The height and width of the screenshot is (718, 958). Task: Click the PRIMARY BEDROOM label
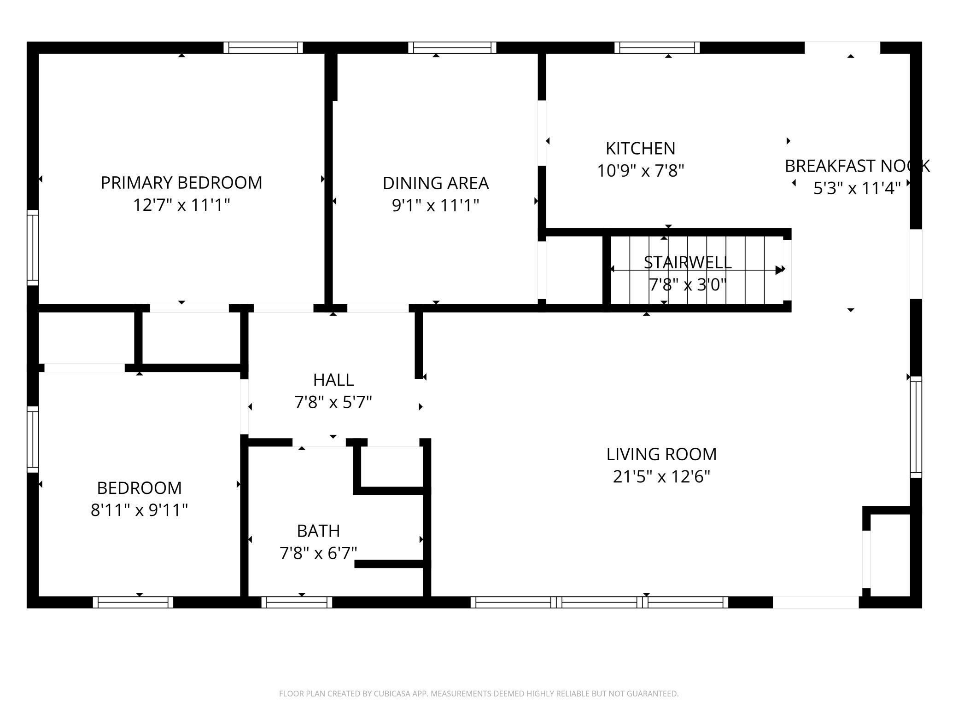pos(181,183)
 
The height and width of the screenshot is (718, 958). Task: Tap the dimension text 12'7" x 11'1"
pos(181,205)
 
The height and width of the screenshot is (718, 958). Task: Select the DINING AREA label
pos(436,183)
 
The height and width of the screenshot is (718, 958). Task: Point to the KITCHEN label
pos(640,149)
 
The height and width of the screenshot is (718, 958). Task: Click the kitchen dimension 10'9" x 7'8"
pos(640,171)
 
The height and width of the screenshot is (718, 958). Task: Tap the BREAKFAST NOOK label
pos(857,166)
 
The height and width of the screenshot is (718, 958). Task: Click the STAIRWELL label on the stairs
pos(687,262)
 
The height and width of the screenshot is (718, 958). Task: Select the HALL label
pos(333,380)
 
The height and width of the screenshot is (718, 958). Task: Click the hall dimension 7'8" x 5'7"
pos(333,402)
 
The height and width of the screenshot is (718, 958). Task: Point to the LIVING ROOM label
pos(661,454)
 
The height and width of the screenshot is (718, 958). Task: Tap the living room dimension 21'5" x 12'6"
pos(661,476)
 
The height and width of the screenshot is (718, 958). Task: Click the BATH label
pos(318,531)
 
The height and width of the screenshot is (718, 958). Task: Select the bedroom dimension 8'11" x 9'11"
pos(139,510)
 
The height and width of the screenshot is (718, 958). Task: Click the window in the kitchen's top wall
pos(657,47)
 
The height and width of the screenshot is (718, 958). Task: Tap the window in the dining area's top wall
pos(452,47)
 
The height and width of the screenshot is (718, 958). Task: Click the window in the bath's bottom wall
pos(297,602)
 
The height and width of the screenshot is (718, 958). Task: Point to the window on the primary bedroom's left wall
pos(32,248)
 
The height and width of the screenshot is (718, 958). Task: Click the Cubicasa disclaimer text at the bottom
pos(479,694)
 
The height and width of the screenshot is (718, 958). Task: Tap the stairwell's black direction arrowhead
pos(779,270)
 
